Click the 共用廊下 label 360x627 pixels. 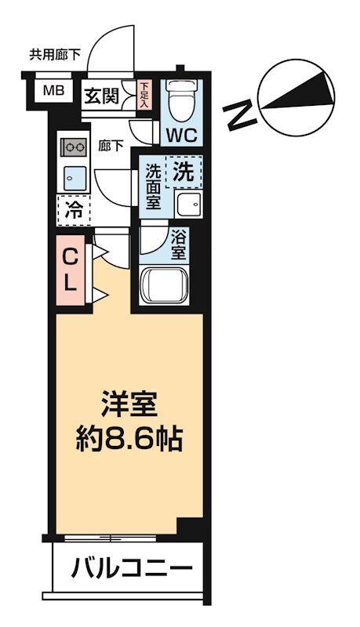(55, 55)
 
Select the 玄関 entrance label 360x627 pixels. (102, 96)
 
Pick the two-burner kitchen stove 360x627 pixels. (74, 147)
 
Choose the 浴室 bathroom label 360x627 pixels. (179, 247)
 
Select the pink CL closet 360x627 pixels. (71, 270)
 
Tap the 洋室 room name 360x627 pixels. (130, 404)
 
